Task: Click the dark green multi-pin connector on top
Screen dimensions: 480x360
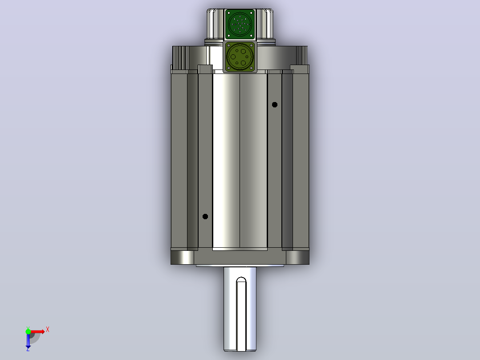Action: [240, 24]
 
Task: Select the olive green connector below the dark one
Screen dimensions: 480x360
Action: [240, 57]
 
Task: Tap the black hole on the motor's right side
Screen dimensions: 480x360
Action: [275, 105]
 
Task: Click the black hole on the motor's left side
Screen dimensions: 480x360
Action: [205, 217]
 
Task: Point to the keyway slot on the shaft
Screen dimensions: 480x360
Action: [241, 314]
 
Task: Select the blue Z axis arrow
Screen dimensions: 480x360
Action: [28, 340]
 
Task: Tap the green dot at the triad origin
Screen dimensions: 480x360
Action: [28, 331]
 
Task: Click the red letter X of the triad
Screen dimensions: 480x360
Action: [48, 330]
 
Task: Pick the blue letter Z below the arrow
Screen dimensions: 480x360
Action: [28, 349]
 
